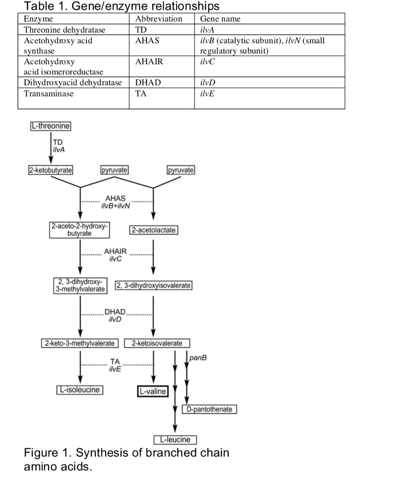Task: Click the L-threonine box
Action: (50, 126)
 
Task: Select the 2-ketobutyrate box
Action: (50, 170)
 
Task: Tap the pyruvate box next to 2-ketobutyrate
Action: (114, 170)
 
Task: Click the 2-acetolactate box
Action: (154, 230)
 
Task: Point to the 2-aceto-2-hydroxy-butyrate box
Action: (80, 230)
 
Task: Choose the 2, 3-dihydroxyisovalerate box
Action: (154, 286)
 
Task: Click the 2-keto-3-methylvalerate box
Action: (80, 343)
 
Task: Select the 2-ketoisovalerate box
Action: (157, 343)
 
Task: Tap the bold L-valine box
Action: (153, 392)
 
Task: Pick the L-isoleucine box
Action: (80, 390)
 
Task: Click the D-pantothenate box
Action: (209, 409)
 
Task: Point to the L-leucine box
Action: (175, 440)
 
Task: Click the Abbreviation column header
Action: (159, 19)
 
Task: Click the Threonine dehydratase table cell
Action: (65, 30)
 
